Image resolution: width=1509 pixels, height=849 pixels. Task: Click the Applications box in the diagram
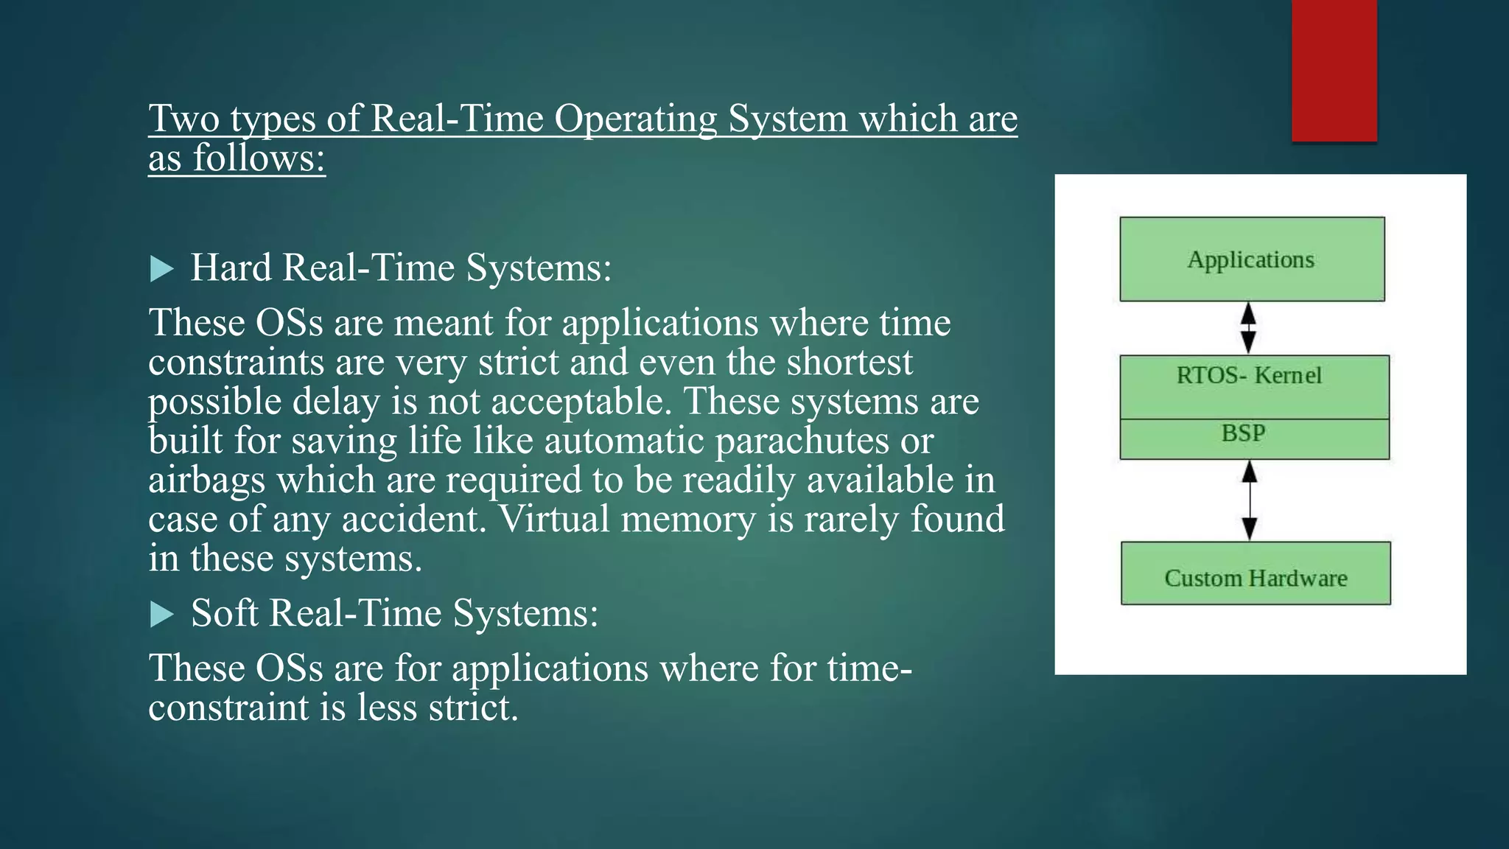pyautogui.click(x=1251, y=259)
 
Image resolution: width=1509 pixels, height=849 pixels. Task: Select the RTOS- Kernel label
pyautogui.click(x=1249, y=376)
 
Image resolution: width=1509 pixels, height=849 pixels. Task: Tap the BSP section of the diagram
pyautogui.click(x=1244, y=433)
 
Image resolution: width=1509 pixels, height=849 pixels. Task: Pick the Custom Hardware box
pyautogui.click(x=1256, y=578)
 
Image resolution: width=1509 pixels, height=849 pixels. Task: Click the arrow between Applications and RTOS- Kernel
pyautogui.click(x=1248, y=328)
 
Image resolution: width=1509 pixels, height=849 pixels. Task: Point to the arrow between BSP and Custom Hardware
pyautogui.click(x=1250, y=500)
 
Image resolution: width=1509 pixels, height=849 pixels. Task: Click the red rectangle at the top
pyautogui.click(x=1334, y=70)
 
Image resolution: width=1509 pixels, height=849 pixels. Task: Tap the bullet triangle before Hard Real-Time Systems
pyautogui.click(x=161, y=269)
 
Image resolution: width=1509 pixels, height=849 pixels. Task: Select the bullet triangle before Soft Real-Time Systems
pyautogui.click(x=161, y=614)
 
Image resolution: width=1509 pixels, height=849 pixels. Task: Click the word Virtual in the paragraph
pyautogui.click(x=554, y=519)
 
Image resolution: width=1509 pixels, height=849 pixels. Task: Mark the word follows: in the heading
pyautogui.click(x=259, y=158)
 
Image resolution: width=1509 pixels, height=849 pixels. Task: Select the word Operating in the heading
pyautogui.click(x=635, y=119)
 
